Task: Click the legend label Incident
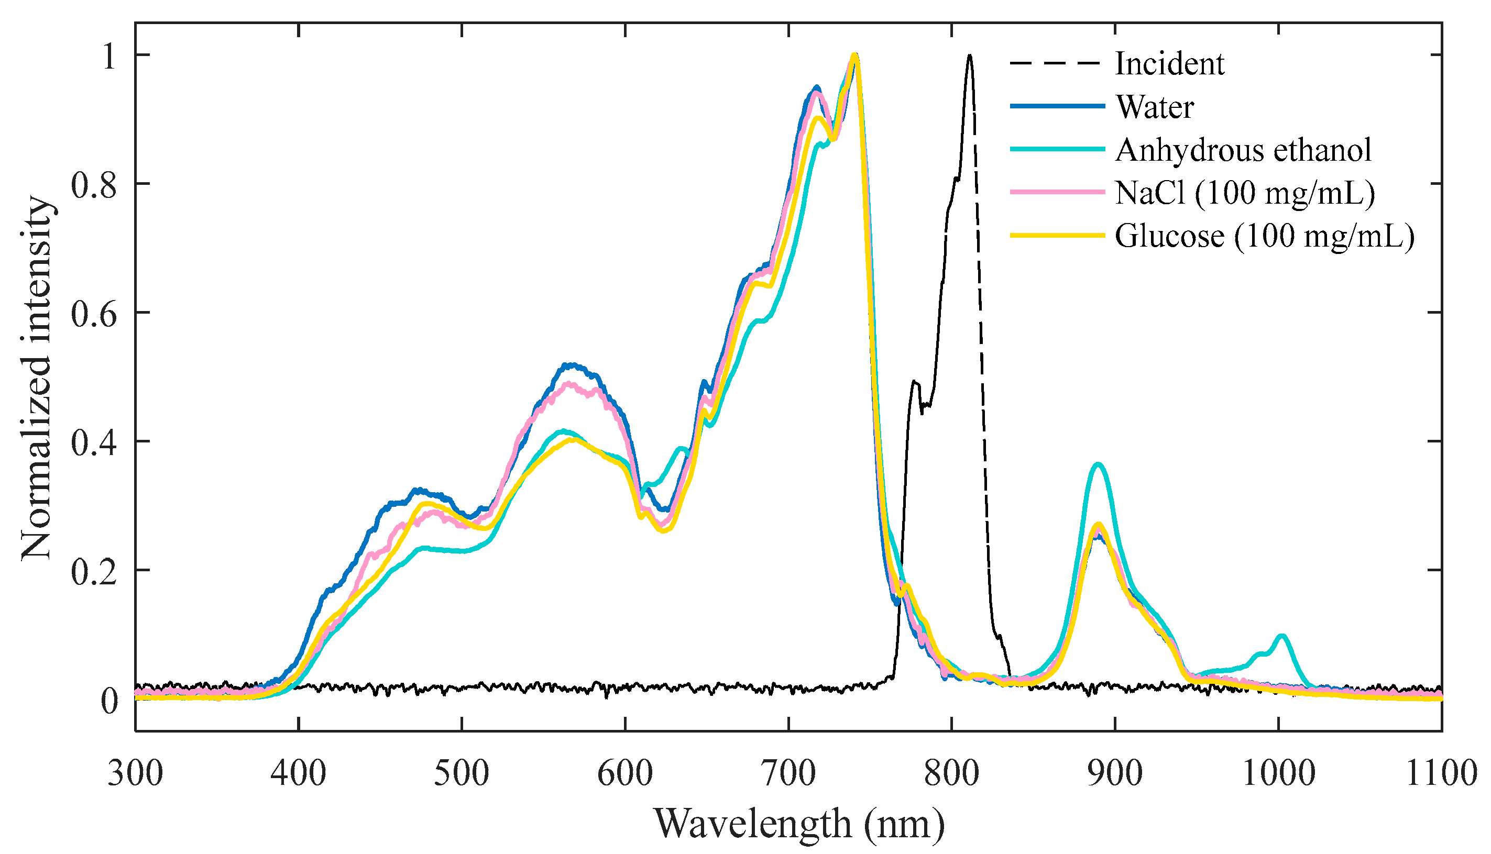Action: click(1169, 63)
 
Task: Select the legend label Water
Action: click(1154, 107)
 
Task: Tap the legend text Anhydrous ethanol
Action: click(1243, 150)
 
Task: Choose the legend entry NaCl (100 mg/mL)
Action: click(1244, 193)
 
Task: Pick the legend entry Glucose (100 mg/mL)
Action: click(1265, 236)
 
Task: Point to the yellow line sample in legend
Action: click(1056, 236)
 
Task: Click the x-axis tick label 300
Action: click(136, 773)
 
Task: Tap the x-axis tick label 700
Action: click(788, 773)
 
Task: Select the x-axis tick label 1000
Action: click(1278, 773)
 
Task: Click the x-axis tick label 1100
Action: click(1441, 773)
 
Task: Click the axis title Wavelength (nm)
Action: click(799, 824)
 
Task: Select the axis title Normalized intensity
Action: click(36, 379)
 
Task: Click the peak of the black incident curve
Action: click(969, 56)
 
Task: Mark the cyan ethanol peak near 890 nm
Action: click(1099, 464)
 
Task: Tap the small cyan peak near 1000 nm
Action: click(1281, 636)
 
